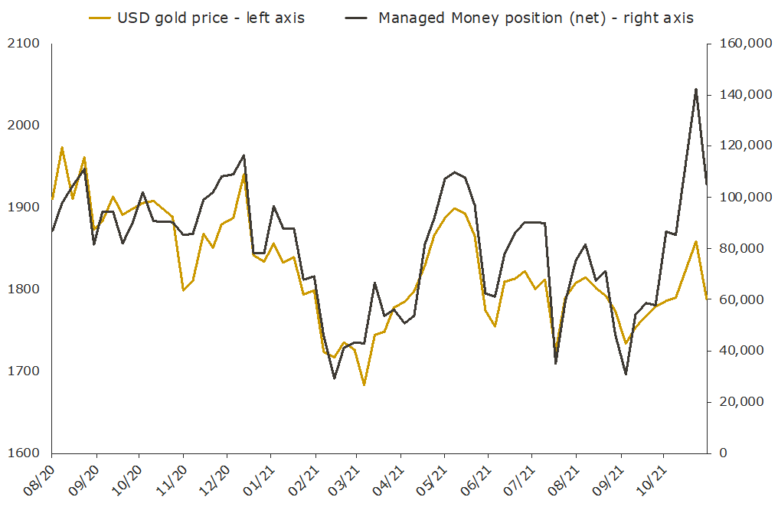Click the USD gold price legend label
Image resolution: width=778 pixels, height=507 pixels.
[x=211, y=18]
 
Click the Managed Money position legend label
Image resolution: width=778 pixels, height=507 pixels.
[x=536, y=18]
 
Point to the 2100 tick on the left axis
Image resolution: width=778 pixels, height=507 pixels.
[x=25, y=44]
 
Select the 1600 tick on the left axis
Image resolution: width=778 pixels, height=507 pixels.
[x=25, y=453]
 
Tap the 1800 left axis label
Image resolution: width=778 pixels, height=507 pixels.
[x=25, y=289]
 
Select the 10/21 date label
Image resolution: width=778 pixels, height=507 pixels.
[x=649, y=479]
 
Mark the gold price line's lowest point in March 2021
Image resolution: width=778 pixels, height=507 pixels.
[x=364, y=384]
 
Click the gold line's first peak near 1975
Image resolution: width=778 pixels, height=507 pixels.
[x=62, y=147]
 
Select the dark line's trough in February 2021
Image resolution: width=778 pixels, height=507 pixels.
[x=334, y=378]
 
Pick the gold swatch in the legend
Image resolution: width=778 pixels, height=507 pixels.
[x=98, y=18]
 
